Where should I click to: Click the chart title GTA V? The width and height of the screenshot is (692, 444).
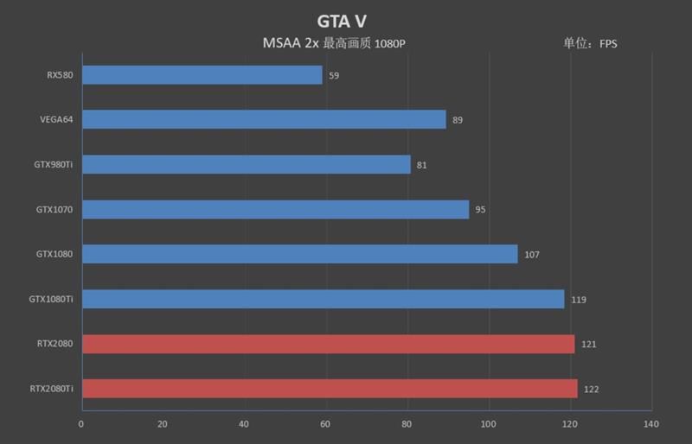pos(345,19)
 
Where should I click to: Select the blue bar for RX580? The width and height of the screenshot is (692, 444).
pos(202,75)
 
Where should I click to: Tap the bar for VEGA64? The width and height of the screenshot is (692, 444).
pos(264,119)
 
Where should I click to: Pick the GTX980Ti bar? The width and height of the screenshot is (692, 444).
pos(246,164)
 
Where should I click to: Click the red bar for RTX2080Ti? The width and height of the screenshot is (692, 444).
pos(330,389)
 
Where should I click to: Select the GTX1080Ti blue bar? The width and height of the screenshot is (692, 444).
pos(323,299)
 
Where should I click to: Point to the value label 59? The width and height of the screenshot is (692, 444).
pos(334,76)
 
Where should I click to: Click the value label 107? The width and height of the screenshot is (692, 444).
pos(531,255)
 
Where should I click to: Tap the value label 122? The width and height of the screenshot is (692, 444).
pos(591,390)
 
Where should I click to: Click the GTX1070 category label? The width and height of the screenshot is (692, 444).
pos(54,209)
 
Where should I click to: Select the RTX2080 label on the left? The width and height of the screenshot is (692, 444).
pos(54,344)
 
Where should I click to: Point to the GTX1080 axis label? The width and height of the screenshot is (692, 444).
pos(54,254)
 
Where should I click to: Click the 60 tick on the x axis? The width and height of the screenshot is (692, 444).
pos(326,424)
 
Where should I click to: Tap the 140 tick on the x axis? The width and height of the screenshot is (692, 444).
pos(651,424)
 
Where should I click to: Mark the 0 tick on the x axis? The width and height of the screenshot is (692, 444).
pos(81,424)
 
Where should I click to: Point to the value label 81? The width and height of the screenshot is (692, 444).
pos(422,165)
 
